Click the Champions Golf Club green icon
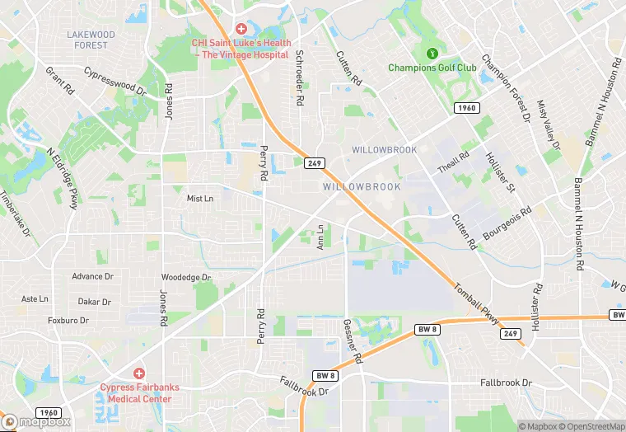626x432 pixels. [430, 54]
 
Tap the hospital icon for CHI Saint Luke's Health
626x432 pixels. [241, 29]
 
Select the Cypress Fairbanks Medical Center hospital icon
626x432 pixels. [138, 373]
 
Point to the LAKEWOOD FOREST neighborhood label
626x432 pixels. [91, 40]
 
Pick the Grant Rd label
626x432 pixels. [61, 83]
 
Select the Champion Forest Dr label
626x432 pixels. [505, 88]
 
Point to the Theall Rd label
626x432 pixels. [453, 162]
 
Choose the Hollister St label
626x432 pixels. [500, 174]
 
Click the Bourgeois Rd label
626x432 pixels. [507, 223]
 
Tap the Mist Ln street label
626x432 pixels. [200, 198]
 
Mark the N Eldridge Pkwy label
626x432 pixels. [62, 176]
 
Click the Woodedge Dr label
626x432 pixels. [186, 278]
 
